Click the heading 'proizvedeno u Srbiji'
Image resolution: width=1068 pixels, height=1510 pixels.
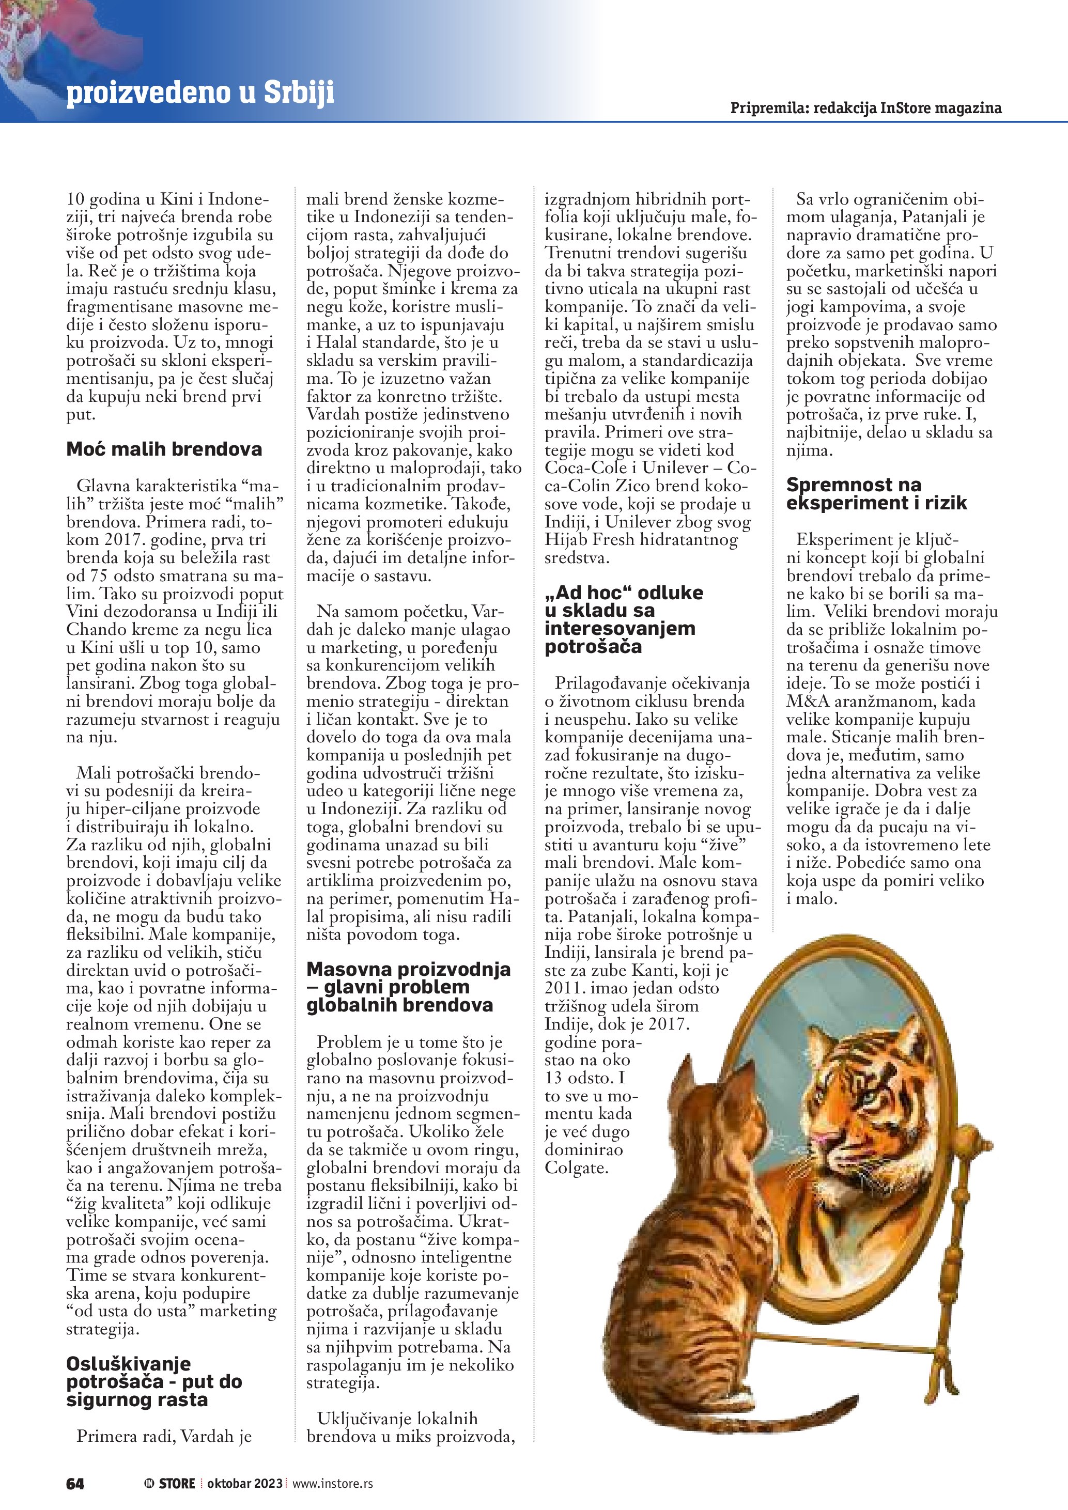200,93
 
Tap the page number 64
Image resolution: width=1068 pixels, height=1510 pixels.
75,1483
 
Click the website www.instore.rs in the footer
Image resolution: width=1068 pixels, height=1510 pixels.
332,1483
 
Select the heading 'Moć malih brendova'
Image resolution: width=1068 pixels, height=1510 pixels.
164,449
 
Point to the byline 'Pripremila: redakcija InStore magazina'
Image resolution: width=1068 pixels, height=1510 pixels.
865,108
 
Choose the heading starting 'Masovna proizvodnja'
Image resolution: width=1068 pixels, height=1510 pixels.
408,987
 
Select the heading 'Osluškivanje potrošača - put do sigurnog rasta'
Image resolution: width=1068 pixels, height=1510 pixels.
154,1382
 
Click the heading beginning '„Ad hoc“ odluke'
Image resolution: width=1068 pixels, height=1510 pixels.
623,619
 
